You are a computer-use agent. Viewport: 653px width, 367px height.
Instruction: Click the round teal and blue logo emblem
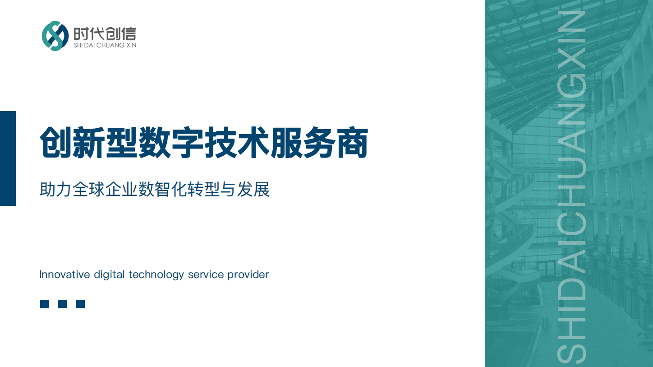pos(55,36)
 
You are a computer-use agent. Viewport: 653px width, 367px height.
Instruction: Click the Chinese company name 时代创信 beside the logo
pos(105,34)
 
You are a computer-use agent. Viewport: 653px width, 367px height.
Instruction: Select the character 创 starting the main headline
pos(55,142)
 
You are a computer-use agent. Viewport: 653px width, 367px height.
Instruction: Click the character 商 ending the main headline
pos(352,142)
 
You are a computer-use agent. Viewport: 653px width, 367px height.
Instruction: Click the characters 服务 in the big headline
pos(303,142)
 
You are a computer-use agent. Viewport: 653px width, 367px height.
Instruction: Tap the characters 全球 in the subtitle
pos(89,189)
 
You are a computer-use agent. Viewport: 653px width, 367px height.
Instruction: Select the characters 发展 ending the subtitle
pos(253,189)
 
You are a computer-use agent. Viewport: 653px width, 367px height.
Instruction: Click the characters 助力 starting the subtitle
pos(55,189)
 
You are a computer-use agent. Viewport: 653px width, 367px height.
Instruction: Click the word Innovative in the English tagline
pos(65,274)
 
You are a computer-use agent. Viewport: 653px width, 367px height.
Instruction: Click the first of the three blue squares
pos(44,304)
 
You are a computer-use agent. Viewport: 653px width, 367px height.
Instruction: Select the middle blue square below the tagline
pos(62,304)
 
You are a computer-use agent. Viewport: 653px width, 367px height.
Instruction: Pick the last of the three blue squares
pos(80,304)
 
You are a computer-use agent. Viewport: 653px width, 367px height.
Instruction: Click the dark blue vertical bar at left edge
pos(8,158)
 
